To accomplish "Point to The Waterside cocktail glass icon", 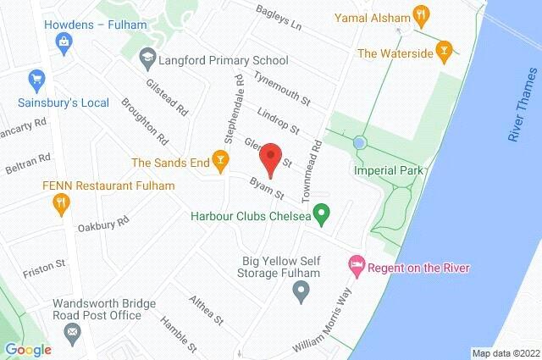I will click(x=441, y=53).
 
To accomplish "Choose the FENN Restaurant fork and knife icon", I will click(x=61, y=203).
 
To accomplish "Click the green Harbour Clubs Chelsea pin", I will click(x=322, y=217).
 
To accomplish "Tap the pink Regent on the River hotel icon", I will click(x=357, y=268).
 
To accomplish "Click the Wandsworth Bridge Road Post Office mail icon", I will click(x=71, y=330).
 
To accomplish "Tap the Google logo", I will click(x=27, y=349).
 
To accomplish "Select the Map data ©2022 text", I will click(x=506, y=353).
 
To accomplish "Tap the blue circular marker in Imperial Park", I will click(x=360, y=142).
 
